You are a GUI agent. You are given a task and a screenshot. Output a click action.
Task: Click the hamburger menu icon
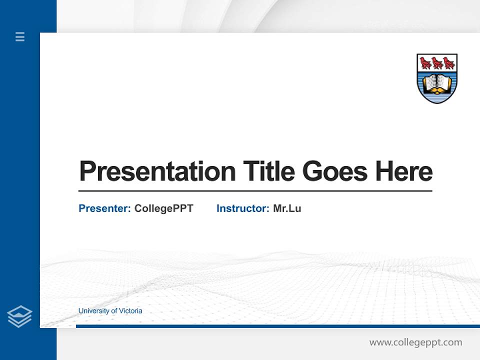pyautogui.click(x=20, y=36)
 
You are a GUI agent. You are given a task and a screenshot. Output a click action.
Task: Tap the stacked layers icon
pyautogui.click(x=19, y=316)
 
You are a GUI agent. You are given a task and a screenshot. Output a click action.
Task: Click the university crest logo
pyautogui.click(x=437, y=78)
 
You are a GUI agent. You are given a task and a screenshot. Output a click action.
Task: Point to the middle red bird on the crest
pyautogui.click(x=437, y=63)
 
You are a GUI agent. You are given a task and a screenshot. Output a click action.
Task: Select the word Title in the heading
pyautogui.click(x=269, y=171)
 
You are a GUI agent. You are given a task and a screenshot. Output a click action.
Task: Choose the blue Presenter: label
pyautogui.click(x=104, y=208)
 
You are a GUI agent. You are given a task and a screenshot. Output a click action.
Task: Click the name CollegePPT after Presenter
pyautogui.click(x=163, y=208)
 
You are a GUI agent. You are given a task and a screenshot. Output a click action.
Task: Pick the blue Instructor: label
pyautogui.click(x=242, y=208)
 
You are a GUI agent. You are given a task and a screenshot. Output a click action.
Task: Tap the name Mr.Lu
pyautogui.click(x=287, y=208)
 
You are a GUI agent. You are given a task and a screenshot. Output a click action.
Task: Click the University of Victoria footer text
pyautogui.click(x=110, y=311)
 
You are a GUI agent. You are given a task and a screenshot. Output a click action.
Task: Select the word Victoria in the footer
pyautogui.click(x=130, y=311)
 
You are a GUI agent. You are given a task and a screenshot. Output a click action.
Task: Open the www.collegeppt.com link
pyautogui.click(x=415, y=342)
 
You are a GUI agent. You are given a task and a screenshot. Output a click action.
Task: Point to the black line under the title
pyautogui.click(x=255, y=190)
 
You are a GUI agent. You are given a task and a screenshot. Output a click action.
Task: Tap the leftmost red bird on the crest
pyautogui.click(x=425, y=63)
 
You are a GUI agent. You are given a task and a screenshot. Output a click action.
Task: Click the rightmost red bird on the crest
pyautogui.click(x=448, y=63)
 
